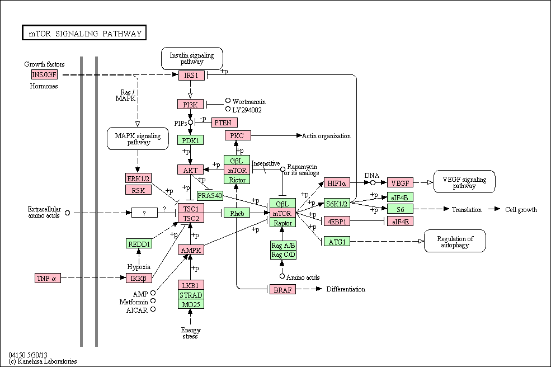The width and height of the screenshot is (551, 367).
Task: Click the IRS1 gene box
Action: pos(191,75)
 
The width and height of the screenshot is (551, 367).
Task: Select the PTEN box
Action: pos(224,123)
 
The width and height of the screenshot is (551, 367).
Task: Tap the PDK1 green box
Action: pos(190,140)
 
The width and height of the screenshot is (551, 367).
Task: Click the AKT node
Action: pos(190,170)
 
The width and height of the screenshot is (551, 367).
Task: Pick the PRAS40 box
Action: pos(210,195)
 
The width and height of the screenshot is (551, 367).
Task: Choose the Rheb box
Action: pos(237,213)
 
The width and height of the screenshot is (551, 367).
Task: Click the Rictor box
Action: pos(237,180)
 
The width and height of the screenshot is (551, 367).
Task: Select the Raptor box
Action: pos(283,223)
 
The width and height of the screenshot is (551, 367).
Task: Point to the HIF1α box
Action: pos(337,183)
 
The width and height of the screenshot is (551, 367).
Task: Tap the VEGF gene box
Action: pos(401,183)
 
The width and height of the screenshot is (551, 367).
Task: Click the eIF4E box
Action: pos(401,222)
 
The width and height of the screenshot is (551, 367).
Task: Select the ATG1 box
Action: pos(337,242)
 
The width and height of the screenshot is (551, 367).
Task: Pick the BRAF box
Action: pos(283,290)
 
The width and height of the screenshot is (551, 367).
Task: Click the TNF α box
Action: pos(48,278)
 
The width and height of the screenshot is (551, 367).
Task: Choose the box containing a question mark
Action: pos(144,213)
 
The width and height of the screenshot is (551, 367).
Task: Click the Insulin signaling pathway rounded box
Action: pos(192,58)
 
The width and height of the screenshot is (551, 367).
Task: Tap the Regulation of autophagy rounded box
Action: pos(455,241)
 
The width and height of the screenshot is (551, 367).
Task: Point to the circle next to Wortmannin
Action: pos(228,101)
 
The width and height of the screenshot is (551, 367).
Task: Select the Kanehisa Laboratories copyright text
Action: pos(43,361)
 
